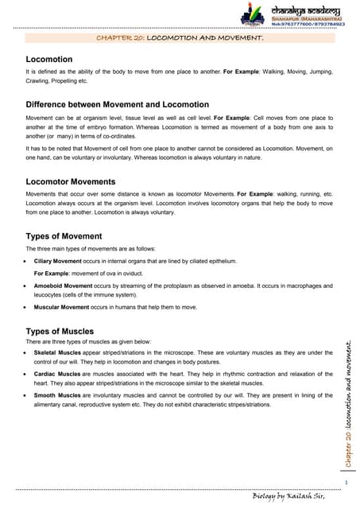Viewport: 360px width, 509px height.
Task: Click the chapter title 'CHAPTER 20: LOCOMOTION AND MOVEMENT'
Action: pyautogui.click(x=180, y=37)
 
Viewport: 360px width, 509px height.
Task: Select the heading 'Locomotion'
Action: pyautogui.click(x=49, y=60)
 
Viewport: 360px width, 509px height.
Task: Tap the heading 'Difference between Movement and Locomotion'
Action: pyautogui.click(x=118, y=105)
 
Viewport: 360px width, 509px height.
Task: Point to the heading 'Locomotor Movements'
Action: pyautogui.click(x=77, y=181)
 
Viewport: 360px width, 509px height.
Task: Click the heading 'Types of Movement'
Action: pyautogui.click(x=64, y=236)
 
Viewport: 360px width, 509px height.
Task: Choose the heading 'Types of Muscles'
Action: pyautogui.click(x=60, y=331)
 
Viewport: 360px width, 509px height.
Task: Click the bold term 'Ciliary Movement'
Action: pyautogui.click(x=63, y=260)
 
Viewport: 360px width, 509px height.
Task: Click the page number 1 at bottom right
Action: pyautogui.click(x=348, y=482)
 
